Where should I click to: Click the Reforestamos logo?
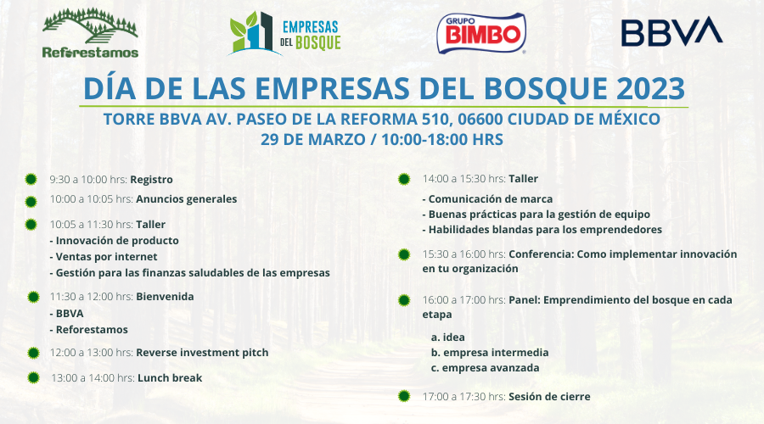click(x=90, y=33)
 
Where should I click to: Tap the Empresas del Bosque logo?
click(x=285, y=33)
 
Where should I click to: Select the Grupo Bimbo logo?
click(x=481, y=33)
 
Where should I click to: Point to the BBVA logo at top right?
click(x=672, y=31)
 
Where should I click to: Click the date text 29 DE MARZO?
click(x=312, y=140)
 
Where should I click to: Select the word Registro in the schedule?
click(x=152, y=180)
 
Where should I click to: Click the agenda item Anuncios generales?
click(x=187, y=199)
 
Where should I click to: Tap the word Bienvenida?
click(x=165, y=297)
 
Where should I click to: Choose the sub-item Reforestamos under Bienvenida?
click(x=89, y=330)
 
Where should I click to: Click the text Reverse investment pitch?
click(x=202, y=353)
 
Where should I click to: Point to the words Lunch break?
click(x=170, y=377)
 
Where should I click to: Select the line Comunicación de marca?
click(x=488, y=199)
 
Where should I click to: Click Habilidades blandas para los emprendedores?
click(x=542, y=229)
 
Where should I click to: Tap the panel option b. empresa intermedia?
click(x=490, y=353)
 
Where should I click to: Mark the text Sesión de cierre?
click(x=549, y=397)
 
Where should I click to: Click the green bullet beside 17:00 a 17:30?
click(x=404, y=396)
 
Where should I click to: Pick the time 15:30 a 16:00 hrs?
click(x=463, y=254)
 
